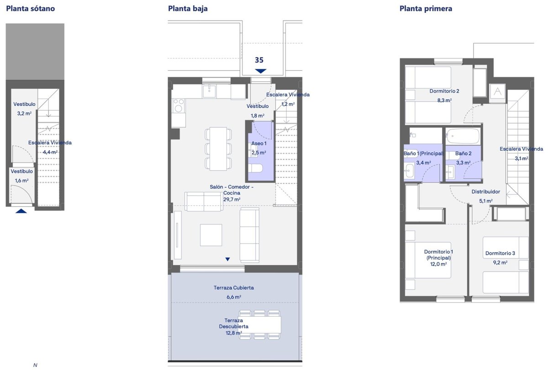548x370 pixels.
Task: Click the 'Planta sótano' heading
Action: pos(30,9)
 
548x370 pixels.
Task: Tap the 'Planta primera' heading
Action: pos(426,9)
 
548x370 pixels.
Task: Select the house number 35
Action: pos(259,60)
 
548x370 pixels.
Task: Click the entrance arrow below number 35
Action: pos(261,71)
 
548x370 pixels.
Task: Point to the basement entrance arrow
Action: pos(21,211)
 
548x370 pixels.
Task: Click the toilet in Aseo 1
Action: pos(255,168)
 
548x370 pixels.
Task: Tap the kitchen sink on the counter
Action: pos(209,91)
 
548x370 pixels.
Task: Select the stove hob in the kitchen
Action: pos(179,105)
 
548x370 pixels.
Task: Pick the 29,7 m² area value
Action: pos(232,199)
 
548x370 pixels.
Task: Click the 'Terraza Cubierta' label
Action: pos(234,287)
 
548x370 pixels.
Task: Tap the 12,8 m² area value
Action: pos(234,333)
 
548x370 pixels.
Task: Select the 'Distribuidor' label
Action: pos(485,192)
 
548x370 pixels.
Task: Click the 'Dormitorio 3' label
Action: pos(500,253)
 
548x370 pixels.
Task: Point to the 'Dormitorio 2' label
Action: pos(444,91)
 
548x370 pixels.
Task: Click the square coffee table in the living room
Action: pos(211,235)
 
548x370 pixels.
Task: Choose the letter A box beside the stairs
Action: pos(497,92)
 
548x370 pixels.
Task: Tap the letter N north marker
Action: pos(35,365)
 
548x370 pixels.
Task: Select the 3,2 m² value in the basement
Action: pos(24,114)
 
